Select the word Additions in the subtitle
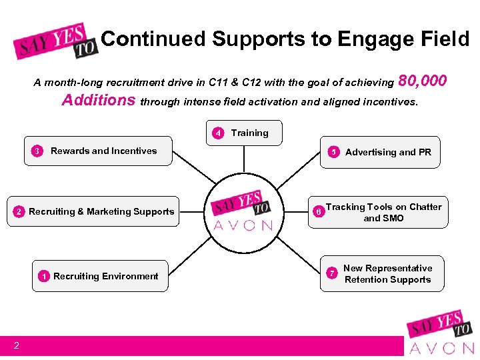(99, 101)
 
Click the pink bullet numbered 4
(217, 133)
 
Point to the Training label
(249, 133)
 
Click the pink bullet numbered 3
(37, 151)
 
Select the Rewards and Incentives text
(103, 151)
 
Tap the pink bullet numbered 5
(333, 152)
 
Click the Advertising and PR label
(388, 152)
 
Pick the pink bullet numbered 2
(19, 212)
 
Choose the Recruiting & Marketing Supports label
(101, 211)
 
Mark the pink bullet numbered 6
(319, 212)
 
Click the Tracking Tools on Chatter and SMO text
(383, 212)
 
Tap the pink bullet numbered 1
(43, 276)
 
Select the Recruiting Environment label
(106, 276)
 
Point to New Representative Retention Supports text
(387, 274)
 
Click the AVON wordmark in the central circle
(243, 225)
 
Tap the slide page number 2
(16, 345)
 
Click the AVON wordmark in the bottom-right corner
(441, 347)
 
